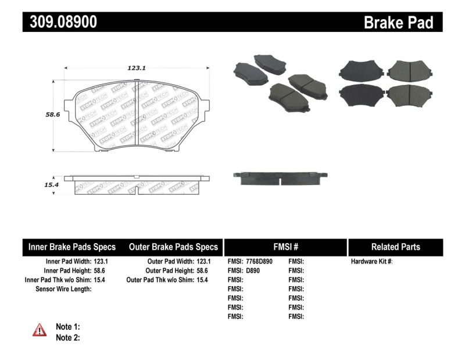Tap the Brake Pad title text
point(398,22)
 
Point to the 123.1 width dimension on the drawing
point(136,67)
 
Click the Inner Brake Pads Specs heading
point(72,247)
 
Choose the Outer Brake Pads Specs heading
point(173,247)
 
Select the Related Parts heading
point(395,247)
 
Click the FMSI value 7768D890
point(259,262)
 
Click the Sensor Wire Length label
point(63,288)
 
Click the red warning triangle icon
point(40,330)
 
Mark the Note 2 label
point(67,337)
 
